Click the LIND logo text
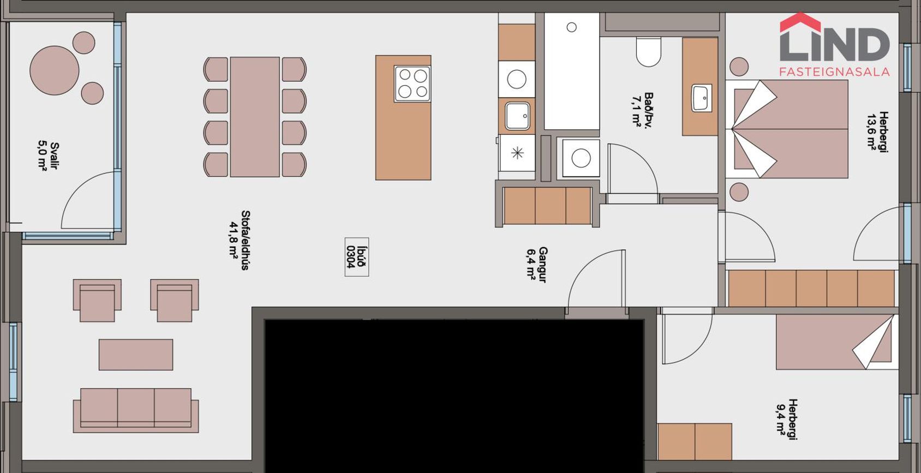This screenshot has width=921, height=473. (835, 44)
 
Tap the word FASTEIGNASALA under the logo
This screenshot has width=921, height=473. (835, 73)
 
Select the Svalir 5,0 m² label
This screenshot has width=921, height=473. (49, 155)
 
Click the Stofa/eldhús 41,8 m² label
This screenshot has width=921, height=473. (240, 241)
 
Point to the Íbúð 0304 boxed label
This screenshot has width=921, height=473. (356, 257)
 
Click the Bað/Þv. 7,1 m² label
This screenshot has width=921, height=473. (643, 110)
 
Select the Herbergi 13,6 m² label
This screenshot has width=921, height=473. (878, 132)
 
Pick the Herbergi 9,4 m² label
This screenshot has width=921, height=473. (787, 419)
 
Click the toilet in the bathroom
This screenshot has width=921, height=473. (648, 51)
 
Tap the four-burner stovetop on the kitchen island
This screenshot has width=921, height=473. (412, 84)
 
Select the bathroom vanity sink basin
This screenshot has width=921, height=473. (702, 98)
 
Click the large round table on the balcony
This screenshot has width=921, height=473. (54, 70)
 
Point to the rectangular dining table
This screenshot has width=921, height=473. (255, 117)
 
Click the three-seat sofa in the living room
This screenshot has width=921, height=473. (136, 410)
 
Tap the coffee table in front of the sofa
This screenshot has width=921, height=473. (136, 355)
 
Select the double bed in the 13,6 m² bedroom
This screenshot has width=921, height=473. (787, 129)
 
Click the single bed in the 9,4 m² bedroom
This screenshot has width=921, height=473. (837, 342)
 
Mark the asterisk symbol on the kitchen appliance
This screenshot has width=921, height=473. (517, 153)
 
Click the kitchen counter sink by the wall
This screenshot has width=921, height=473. (517, 116)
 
